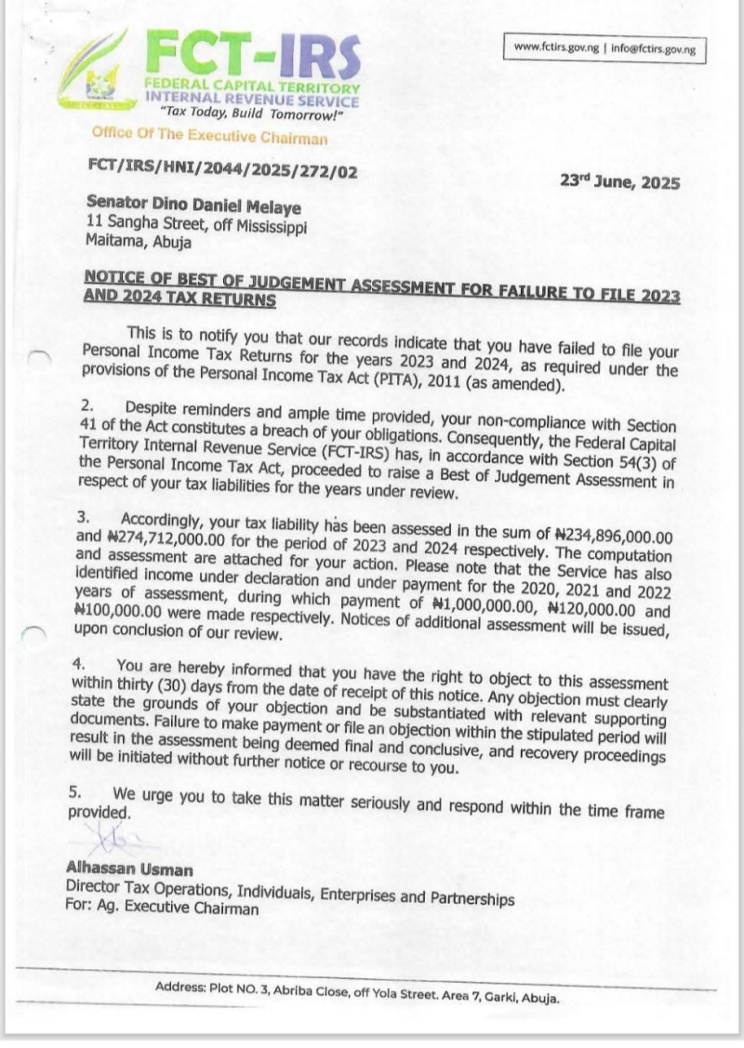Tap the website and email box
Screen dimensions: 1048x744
click(x=604, y=48)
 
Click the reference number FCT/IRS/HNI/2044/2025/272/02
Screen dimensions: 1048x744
click(x=221, y=172)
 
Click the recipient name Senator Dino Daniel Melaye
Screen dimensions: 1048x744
click(x=193, y=207)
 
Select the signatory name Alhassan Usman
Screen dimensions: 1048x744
click(x=129, y=869)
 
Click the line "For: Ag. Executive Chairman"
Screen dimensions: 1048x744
click(x=163, y=909)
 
